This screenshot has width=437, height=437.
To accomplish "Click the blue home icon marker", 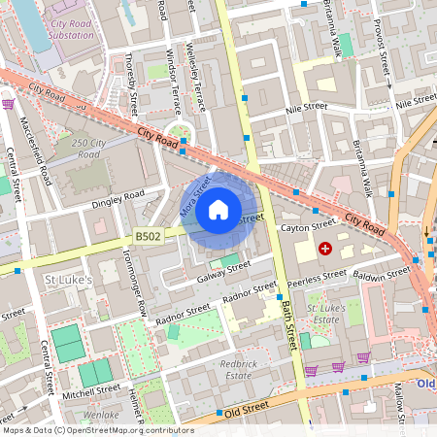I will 218,210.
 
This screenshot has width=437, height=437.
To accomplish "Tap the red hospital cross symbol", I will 324,250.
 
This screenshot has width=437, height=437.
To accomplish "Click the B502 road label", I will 148,235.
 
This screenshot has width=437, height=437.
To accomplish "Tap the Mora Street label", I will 194,197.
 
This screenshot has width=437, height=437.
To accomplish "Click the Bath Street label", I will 288,325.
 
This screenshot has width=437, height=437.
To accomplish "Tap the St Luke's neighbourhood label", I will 69,281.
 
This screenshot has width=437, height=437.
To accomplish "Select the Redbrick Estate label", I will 239,368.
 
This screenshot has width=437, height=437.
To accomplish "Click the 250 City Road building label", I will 88,149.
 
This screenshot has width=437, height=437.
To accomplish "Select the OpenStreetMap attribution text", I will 97,429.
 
